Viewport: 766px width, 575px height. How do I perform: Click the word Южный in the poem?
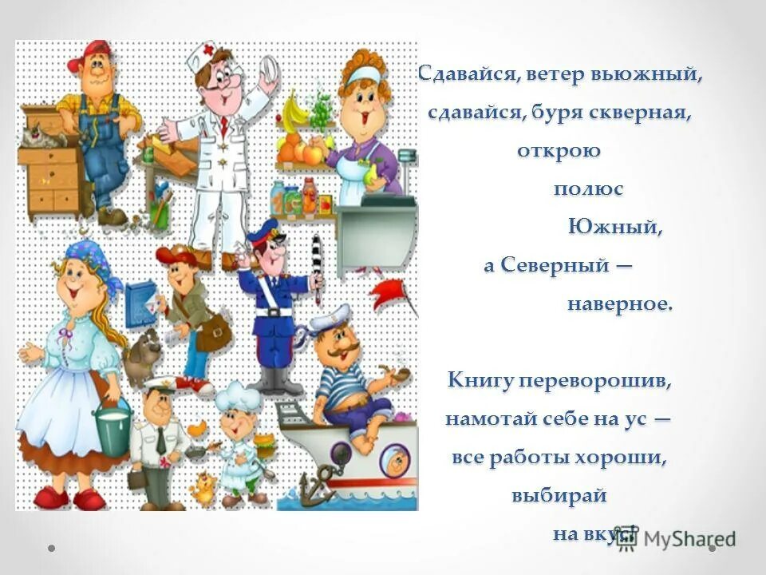(x=614, y=227)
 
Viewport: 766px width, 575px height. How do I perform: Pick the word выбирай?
(x=559, y=495)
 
